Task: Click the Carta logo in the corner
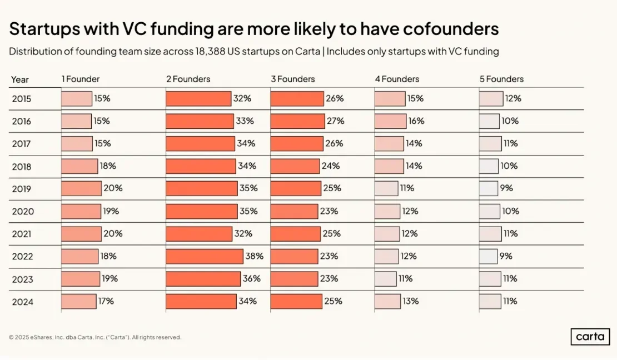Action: click(x=590, y=337)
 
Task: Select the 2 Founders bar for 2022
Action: click(x=205, y=256)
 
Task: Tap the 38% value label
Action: click(x=254, y=256)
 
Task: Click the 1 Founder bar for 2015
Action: click(x=77, y=98)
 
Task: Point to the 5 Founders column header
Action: click(x=501, y=79)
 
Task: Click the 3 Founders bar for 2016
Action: click(x=297, y=121)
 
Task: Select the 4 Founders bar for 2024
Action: click(x=387, y=301)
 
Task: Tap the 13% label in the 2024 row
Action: click(x=411, y=301)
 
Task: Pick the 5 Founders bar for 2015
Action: click(x=491, y=98)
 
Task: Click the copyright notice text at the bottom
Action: click(x=95, y=337)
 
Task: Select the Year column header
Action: click(x=20, y=79)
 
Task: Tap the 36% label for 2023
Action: click(x=252, y=278)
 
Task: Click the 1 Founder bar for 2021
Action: click(x=81, y=233)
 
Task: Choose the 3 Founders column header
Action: click(x=293, y=79)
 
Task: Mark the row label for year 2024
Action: click(x=23, y=302)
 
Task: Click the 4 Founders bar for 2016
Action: click(x=391, y=121)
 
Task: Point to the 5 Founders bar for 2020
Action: click(x=490, y=211)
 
